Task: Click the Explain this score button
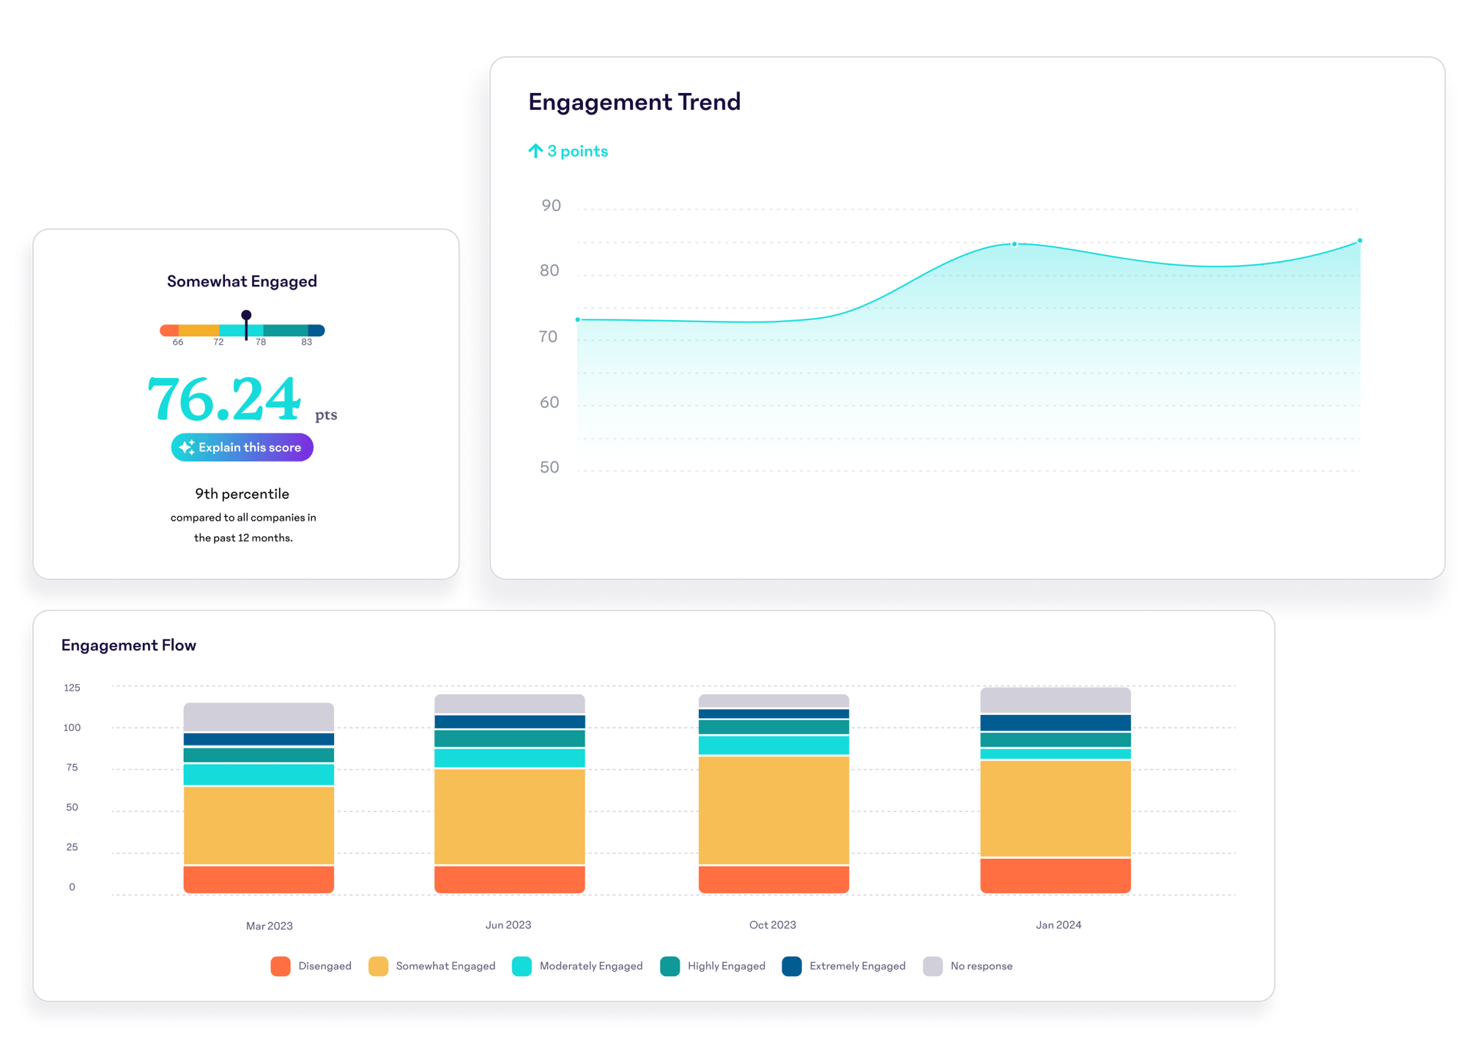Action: coord(242,447)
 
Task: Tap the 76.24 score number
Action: coord(224,400)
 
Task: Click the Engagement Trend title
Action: coord(634,102)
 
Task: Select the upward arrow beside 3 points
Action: coord(535,151)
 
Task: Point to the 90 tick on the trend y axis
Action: coord(551,206)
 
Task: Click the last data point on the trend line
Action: coord(1360,241)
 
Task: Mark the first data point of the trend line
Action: coord(578,320)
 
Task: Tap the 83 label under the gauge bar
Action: coord(306,342)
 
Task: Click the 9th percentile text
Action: coord(242,494)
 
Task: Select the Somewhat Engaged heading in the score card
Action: coord(242,281)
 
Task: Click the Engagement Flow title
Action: coord(129,645)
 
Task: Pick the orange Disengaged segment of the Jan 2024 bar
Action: coord(1055,875)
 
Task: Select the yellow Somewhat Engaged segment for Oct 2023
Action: coord(774,810)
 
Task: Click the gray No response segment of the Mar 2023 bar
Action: coord(259,717)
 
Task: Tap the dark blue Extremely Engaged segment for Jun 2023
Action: coord(509,721)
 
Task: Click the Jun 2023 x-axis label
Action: coord(508,925)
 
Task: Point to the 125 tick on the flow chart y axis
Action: coord(72,688)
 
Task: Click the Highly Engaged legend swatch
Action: coord(670,966)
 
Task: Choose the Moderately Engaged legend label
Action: coord(590,966)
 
